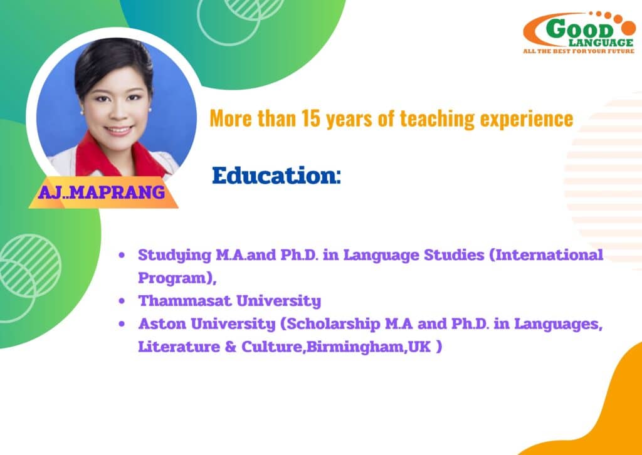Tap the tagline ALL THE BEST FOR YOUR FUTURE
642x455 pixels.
point(579,51)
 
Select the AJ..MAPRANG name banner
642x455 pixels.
point(102,192)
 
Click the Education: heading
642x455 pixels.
point(276,175)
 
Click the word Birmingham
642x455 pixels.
point(355,347)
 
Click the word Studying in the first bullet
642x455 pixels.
point(174,256)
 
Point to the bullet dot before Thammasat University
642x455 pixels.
point(121,301)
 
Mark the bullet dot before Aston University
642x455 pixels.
point(121,325)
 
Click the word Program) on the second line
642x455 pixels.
point(177,279)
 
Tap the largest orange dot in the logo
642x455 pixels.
point(628,29)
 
